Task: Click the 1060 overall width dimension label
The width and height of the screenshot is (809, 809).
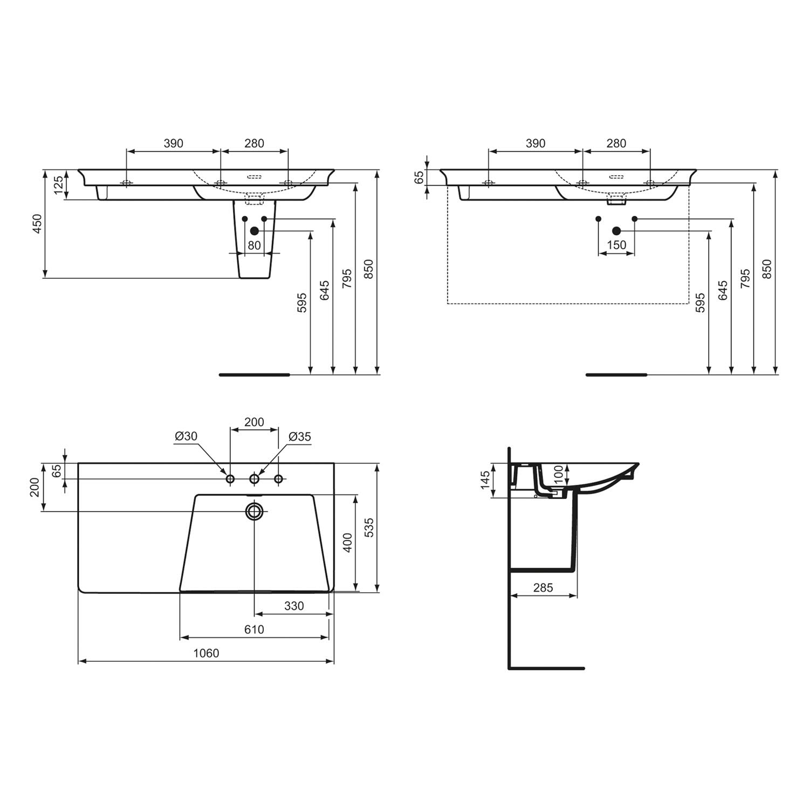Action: (206, 653)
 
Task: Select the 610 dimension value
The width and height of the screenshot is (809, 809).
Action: (254, 629)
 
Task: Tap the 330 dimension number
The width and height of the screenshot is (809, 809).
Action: (294, 606)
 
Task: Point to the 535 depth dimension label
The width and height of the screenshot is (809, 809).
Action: (369, 527)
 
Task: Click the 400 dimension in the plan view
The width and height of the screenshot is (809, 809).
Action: (347, 543)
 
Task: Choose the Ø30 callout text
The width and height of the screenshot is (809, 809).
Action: (186, 436)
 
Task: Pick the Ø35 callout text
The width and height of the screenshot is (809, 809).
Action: (300, 436)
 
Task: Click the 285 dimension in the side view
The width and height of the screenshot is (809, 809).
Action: (543, 587)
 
